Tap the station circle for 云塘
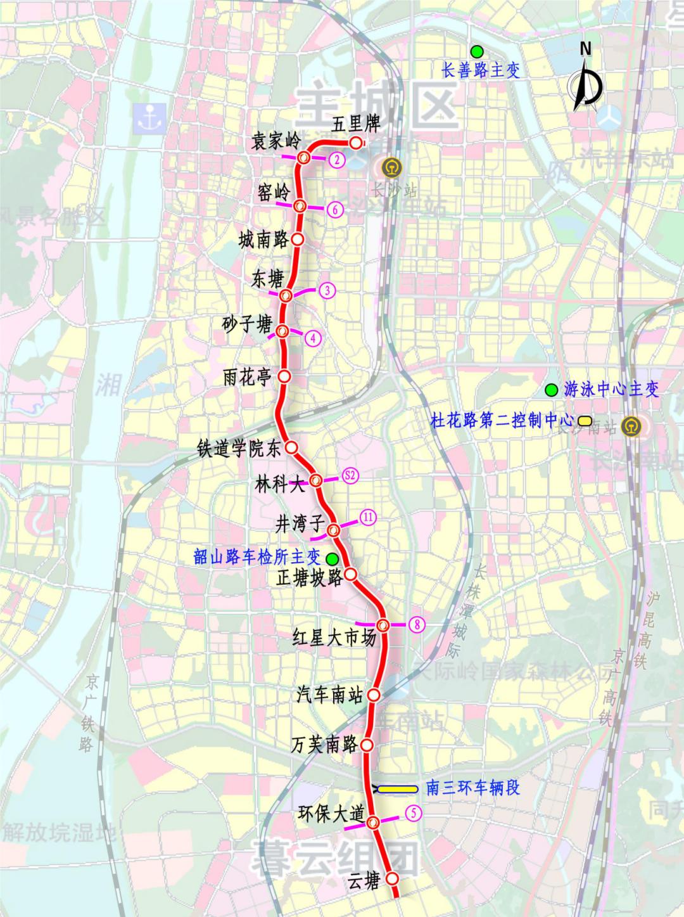[392, 879]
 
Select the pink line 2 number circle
[337, 160]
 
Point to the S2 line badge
[350, 475]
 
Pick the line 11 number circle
[368, 518]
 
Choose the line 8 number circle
[417, 624]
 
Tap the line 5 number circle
[413, 812]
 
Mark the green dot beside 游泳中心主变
[552, 388]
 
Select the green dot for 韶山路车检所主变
[331, 558]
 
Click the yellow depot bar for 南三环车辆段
[398, 789]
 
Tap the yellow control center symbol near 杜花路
[584, 420]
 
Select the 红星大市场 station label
[334, 638]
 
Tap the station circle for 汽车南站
[374, 695]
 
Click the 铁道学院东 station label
[239, 449]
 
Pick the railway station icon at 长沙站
[385, 168]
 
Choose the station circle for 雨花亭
[284, 376]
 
